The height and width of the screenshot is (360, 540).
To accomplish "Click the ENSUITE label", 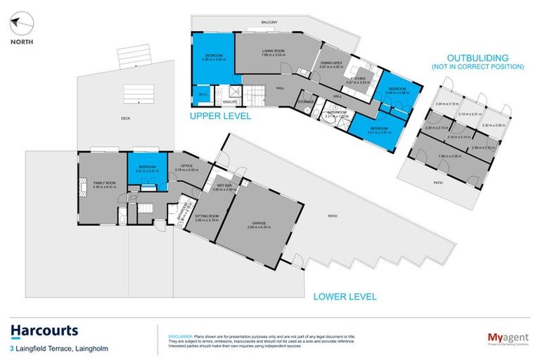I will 229,102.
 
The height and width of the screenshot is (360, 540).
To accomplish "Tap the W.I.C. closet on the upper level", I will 201,94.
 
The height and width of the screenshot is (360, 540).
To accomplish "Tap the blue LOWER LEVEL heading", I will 345,296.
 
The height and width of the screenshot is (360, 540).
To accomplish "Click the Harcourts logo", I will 44,331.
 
